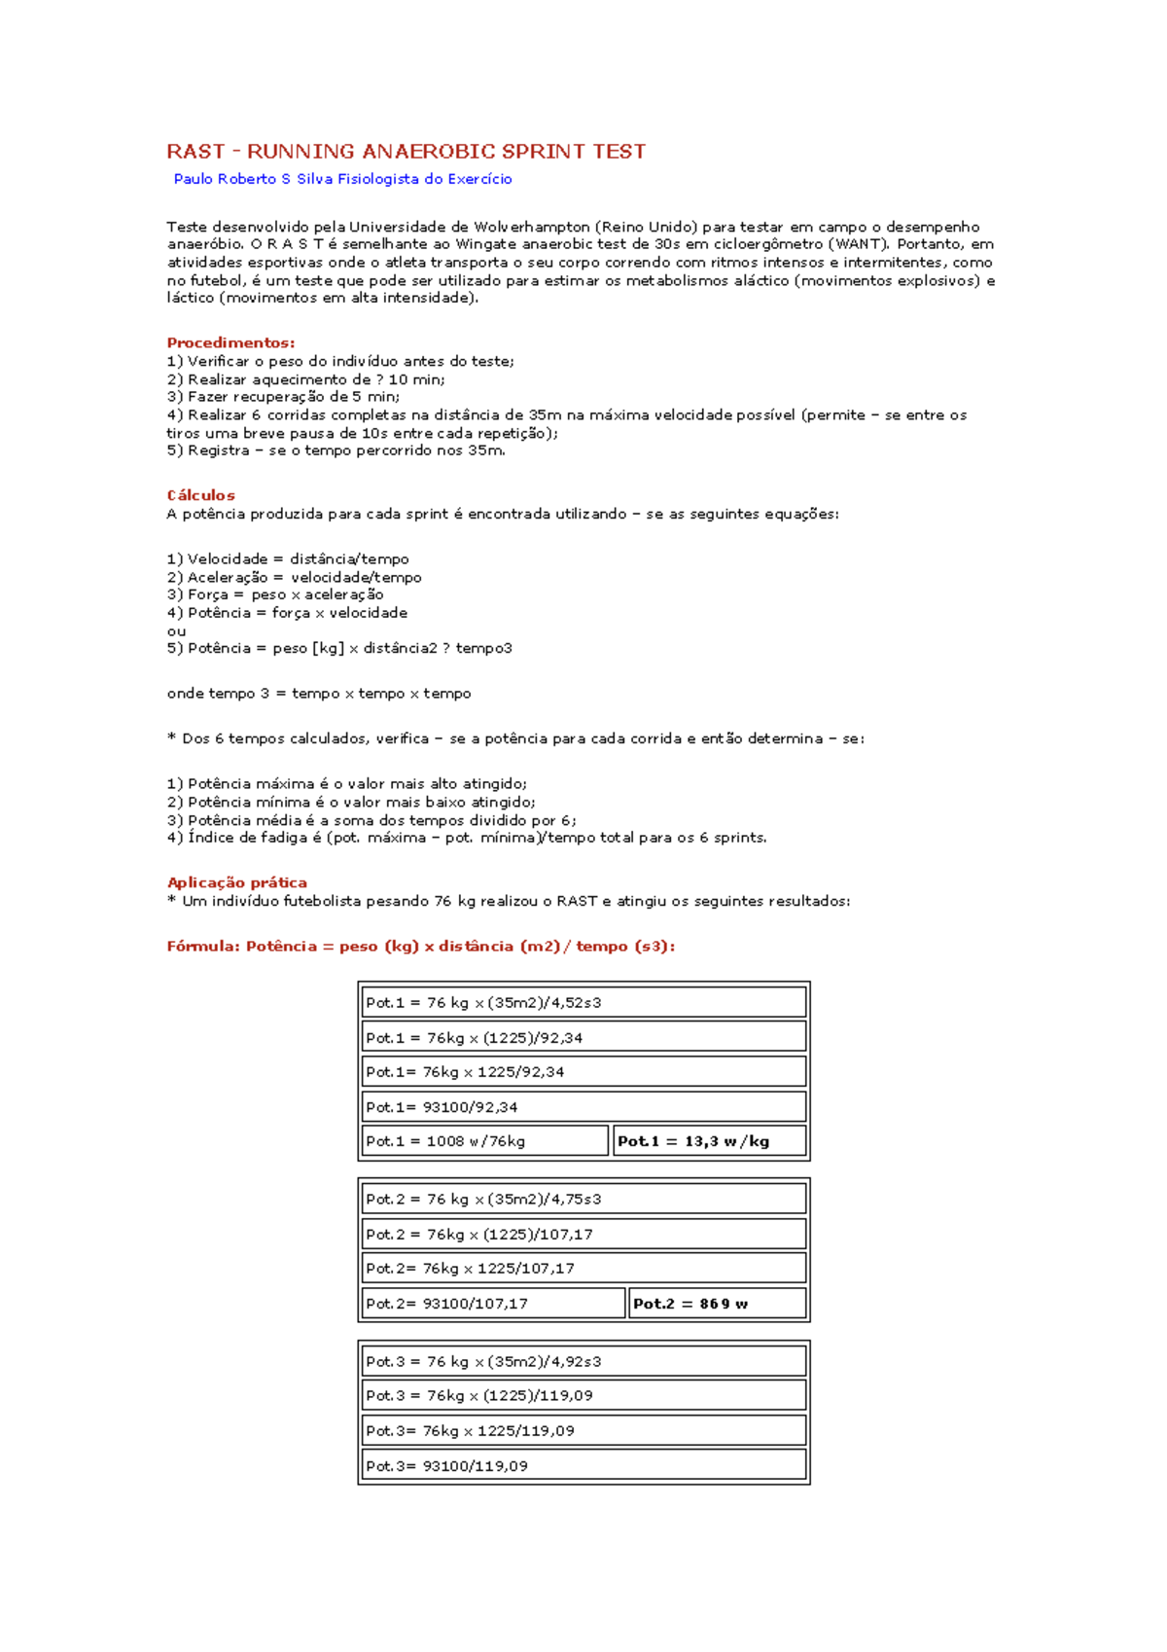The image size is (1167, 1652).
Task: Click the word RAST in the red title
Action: click(x=195, y=152)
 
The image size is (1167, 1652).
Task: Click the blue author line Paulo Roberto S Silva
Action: click(x=342, y=179)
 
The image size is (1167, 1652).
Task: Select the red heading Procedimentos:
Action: click(x=230, y=342)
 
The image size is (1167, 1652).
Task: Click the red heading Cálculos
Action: click(x=200, y=495)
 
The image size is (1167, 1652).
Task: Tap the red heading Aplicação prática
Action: click(x=236, y=882)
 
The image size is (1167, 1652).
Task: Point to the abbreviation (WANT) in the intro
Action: click(x=857, y=244)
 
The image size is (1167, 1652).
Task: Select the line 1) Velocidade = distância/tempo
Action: click(x=288, y=559)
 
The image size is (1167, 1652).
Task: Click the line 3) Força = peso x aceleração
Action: click(x=275, y=594)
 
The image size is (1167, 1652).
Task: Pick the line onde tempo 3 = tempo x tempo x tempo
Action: click(x=319, y=694)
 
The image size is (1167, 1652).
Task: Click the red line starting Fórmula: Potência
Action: click(x=420, y=947)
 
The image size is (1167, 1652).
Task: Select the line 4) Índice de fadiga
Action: click(x=467, y=838)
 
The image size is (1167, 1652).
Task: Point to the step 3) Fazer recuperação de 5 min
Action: click(x=283, y=397)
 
